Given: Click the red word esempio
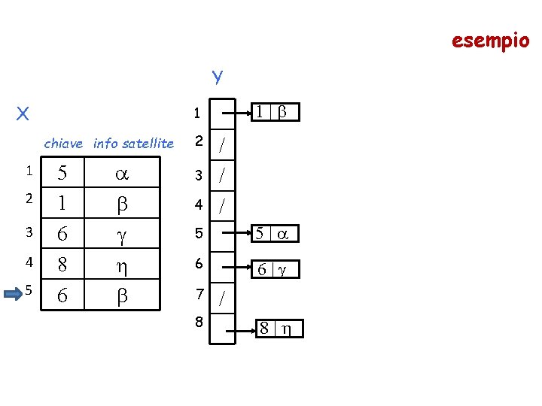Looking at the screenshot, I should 490,40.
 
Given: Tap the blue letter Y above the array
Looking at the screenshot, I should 217,76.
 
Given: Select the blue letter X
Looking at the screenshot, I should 23,114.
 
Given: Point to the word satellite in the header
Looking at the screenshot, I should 148,143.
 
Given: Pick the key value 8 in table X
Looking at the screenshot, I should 62,264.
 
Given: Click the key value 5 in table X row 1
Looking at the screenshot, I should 62,174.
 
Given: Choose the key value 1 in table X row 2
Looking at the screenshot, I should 62,205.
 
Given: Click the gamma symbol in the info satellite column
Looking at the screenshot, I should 120,235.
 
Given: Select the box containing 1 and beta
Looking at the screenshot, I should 274,112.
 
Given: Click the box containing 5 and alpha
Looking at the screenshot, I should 274,234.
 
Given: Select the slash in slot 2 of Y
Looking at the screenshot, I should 222,145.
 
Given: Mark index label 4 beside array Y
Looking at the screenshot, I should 199,204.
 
